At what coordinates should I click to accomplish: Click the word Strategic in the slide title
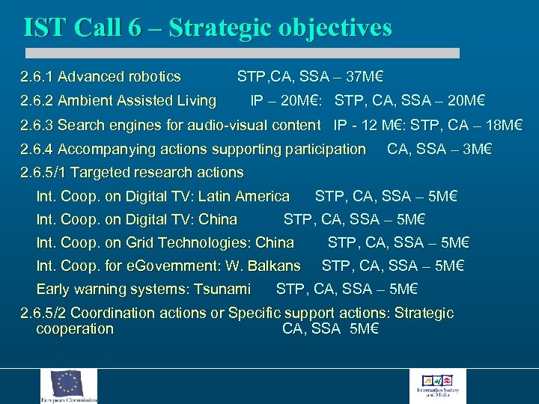pyautogui.click(x=217, y=28)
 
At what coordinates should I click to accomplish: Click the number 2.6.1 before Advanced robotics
pyautogui.click(x=37, y=76)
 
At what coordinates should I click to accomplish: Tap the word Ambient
pyautogui.click(x=83, y=100)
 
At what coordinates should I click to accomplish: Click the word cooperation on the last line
pyautogui.click(x=74, y=329)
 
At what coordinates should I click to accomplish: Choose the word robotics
pyautogui.click(x=155, y=76)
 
